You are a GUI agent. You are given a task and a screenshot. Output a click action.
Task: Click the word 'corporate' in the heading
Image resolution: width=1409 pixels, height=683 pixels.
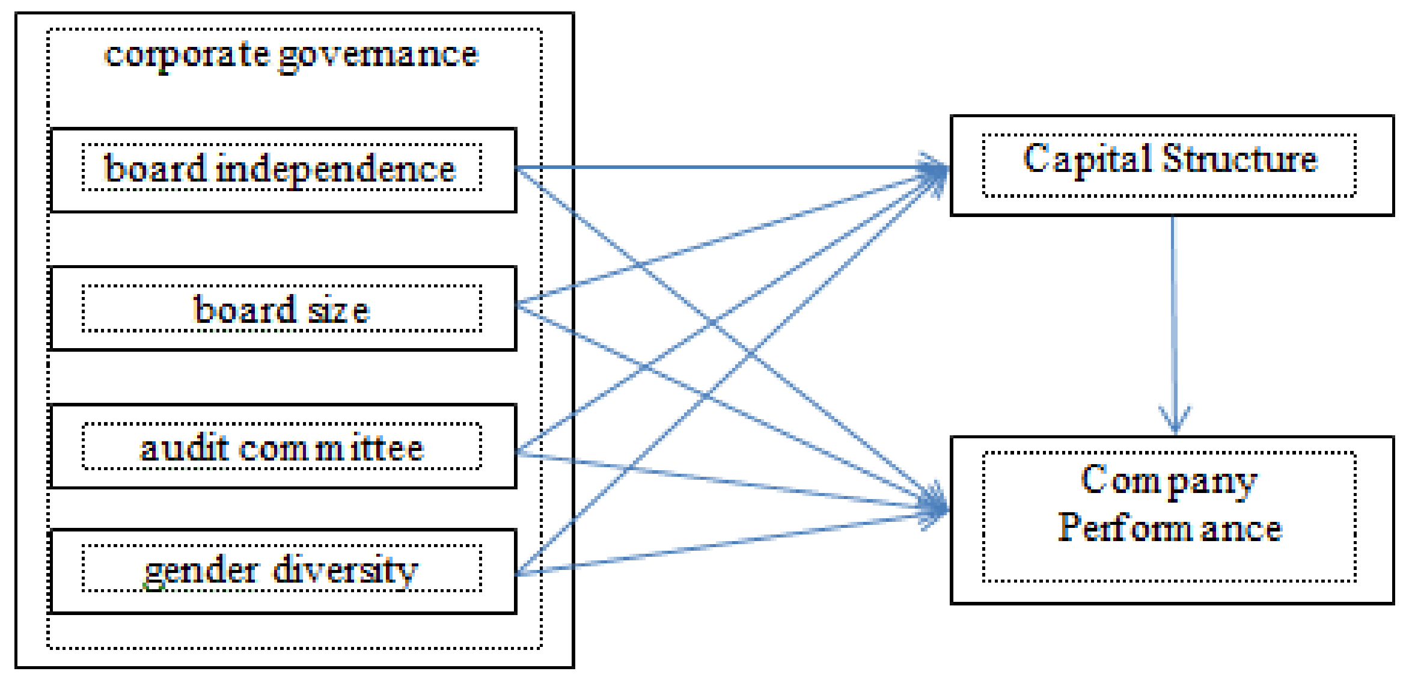[186, 55]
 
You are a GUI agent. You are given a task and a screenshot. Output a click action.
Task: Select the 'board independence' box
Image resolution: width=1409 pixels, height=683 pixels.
[283, 170]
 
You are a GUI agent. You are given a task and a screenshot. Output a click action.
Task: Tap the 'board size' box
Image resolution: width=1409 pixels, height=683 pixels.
[283, 308]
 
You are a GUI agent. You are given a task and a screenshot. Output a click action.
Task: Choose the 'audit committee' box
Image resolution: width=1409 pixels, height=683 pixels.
[283, 446]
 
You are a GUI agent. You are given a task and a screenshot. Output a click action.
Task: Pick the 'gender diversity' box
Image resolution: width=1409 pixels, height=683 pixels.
[283, 571]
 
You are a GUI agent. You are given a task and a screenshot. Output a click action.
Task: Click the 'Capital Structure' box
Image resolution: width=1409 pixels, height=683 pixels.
[1172, 165]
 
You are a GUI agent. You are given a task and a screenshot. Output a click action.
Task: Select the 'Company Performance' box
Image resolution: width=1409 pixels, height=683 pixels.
[1172, 519]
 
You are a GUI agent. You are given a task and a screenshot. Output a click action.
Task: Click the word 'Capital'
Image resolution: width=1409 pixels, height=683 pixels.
[1087, 159]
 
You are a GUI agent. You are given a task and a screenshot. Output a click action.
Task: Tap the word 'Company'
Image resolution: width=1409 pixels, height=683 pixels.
[1169, 481]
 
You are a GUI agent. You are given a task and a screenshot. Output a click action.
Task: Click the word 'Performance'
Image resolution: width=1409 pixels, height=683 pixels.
[1170, 528]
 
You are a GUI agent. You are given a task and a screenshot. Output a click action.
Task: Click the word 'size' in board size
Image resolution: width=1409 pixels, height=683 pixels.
[338, 310]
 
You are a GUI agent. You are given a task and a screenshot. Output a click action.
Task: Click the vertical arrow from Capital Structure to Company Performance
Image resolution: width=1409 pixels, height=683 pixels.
[1174, 319]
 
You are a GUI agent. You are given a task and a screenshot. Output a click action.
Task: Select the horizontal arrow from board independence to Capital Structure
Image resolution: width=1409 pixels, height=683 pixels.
[721, 167]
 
